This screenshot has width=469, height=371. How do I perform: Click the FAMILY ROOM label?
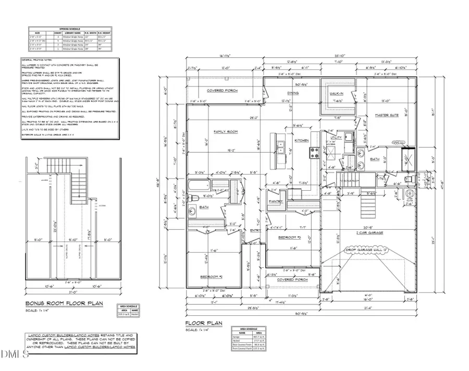pyautogui.click(x=226, y=132)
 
